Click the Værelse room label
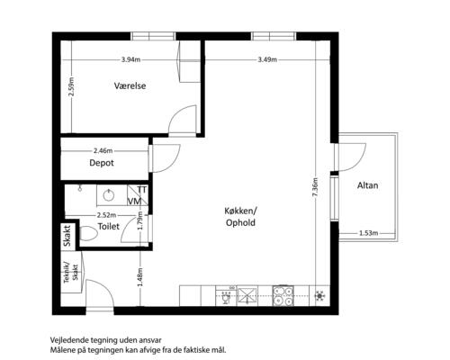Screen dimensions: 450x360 [x=130, y=85]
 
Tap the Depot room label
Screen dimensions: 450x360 [x=102, y=163]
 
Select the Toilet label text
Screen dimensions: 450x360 [x=109, y=226]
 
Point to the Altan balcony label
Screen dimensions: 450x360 [x=367, y=185]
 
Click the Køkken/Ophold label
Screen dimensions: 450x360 [x=240, y=217]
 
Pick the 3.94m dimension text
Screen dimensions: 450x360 [x=130, y=59]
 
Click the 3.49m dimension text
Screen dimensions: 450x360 [x=267, y=59]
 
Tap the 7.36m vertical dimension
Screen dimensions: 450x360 [x=315, y=188]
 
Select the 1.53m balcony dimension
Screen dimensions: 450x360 [x=368, y=233]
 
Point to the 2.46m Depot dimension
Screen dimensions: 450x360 [x=103, y=150]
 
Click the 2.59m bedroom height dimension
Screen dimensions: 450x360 [x=71, y=86]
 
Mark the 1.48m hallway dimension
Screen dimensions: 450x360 [x=140, y=276]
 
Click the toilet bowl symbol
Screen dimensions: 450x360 [x=88, y=233]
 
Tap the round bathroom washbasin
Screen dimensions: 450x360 [x=109, y=195]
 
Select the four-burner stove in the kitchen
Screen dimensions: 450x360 [x=283, y=296]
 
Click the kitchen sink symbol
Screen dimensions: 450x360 [x=247, y=296]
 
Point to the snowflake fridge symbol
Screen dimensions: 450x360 [x=319, y=296]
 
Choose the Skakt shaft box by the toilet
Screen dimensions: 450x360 [x=67, y=236]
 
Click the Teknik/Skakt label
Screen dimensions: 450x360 [x=71, y=273]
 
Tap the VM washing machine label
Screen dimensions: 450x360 [x=134, y=202]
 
